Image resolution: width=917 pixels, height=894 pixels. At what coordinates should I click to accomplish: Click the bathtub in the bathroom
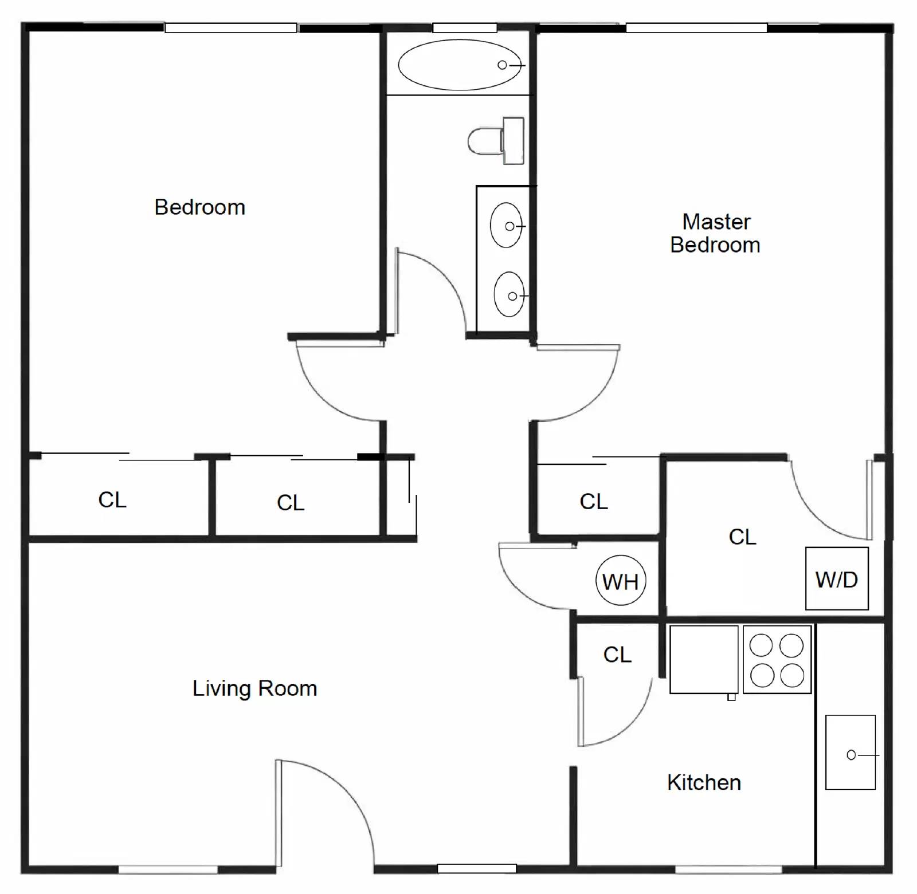pos(459,65)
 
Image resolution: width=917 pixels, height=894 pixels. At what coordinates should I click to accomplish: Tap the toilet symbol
pos(496,141)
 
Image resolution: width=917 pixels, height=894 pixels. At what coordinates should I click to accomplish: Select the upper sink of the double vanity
pos(506,226)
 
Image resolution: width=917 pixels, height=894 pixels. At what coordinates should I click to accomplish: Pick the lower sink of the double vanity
pos(509,294)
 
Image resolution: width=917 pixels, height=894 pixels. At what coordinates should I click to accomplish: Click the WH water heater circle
pos(621,580)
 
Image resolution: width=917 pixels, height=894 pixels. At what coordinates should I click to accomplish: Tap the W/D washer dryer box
pos(836,578)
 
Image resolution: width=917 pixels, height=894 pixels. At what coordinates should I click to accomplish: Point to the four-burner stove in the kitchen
pos(777,660)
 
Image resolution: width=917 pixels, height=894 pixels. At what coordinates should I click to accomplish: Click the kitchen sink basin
pos(850,752)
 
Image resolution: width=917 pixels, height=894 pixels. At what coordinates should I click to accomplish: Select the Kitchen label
pos(704,782)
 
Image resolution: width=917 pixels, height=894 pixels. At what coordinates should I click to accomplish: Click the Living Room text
pos(254,688)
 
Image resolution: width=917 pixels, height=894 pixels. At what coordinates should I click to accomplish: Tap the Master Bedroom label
pos(715,233)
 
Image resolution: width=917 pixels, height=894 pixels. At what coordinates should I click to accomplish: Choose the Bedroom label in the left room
pos(199,207)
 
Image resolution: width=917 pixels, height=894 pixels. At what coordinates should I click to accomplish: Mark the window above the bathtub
pos(464,27)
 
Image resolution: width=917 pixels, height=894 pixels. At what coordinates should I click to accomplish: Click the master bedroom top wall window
pos(696,27)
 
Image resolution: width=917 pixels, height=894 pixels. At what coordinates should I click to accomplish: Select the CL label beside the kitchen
pos(617,654)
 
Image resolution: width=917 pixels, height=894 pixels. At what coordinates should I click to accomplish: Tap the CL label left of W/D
pos(742,537)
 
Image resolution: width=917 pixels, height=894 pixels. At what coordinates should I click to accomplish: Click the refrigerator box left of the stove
pos(704,659)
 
